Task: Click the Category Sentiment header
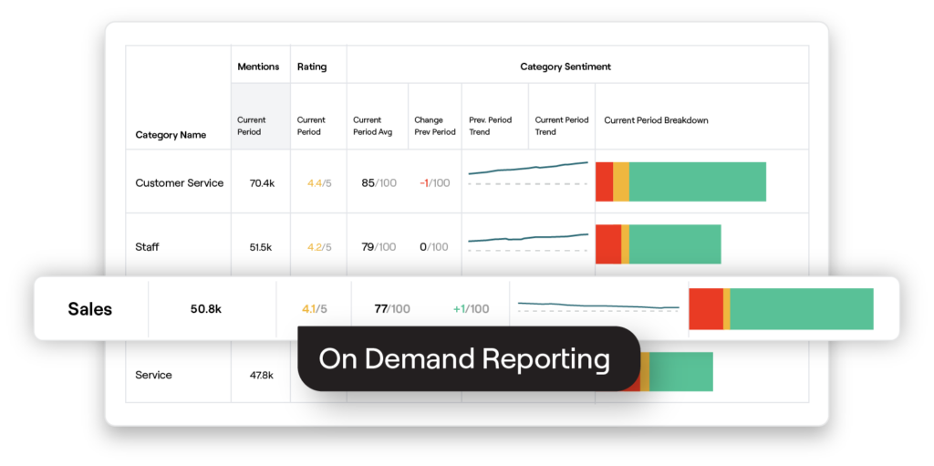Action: point(565,67)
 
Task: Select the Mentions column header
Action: point(258,67)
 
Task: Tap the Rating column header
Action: point(311,67)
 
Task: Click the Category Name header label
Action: point(171,135)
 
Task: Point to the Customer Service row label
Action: point(179,183)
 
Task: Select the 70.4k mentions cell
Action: point(262,183)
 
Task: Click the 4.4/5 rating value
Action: point(319,183)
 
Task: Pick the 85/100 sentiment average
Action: point(379,183)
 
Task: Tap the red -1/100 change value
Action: point(435,183)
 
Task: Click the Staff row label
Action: point(148,247)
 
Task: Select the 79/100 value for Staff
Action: point(379,247)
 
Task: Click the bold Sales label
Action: point(90,309)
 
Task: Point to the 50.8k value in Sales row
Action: point(206,309)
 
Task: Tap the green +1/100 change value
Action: point(471,309)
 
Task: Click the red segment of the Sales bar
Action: point(705,308)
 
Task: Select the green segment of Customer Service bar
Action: point(697,181)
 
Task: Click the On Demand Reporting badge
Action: point(464,359)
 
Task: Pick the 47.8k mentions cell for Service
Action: point(262,375)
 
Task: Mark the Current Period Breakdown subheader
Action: point(656,120)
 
